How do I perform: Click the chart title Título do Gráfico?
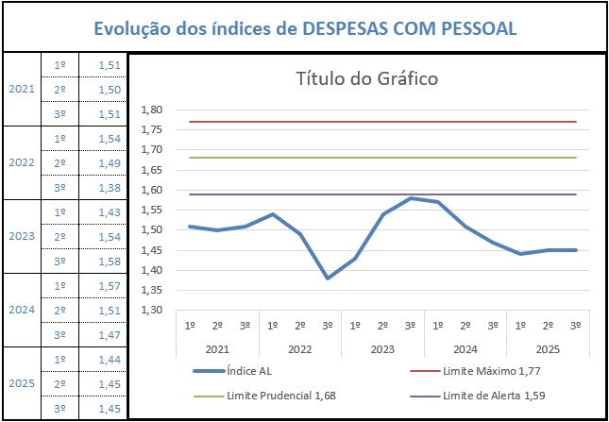pos(366,78)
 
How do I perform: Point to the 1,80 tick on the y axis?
pos(151,110)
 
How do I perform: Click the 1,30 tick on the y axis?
pos(151,310)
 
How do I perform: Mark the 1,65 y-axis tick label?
pos(151,169)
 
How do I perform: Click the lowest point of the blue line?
pos(328,278)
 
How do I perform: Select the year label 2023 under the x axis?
pos(382,349)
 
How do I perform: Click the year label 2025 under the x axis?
pos(548,349)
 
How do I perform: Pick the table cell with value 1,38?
pos(110,188)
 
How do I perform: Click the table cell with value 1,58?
pos(110,261)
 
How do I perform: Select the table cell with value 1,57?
pos(110,285)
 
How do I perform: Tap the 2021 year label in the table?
pos(21,89)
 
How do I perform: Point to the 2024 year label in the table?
pos(21,310)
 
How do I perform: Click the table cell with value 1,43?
pos(110,212)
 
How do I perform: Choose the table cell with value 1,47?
pos(110,334)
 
